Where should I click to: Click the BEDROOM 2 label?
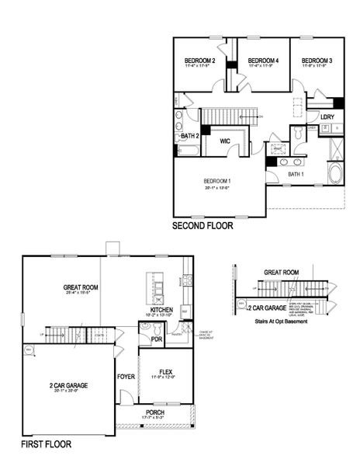[x=199, y=61]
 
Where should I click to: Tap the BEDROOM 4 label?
[x=258, y=61]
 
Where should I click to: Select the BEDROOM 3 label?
[x=317, y=61]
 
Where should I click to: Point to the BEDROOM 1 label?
[x=218, y=182]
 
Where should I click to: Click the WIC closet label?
[x=226, y=141]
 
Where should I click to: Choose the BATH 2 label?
[x=190, y=136]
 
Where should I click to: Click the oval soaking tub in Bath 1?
[x=335, y=172]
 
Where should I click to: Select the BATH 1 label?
[x=296, y=175]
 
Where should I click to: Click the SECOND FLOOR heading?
[x=208, y=228]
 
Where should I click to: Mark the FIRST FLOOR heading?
[x=47, y=446]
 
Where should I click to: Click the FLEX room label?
[x=164, y=371]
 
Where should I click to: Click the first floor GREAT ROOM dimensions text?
[x=78, y=294]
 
